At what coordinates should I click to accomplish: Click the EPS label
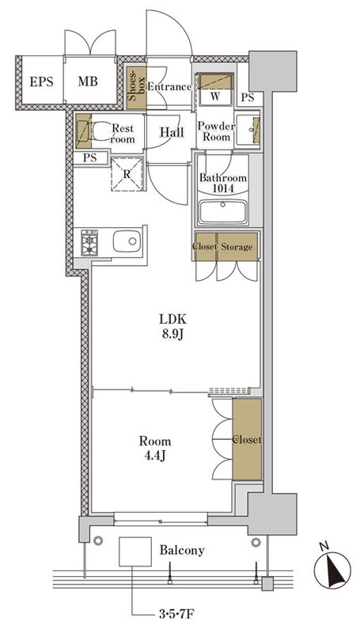pos(41,81)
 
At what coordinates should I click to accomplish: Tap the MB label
pos(88,81)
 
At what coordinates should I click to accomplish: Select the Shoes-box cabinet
pos(136,88)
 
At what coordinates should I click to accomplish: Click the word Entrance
pos(169,86)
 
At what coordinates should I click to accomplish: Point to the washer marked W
pos(215,89)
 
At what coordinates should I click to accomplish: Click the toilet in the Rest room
pos(99,131)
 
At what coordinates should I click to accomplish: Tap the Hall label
pos(172,132)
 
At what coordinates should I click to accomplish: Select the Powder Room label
pos(216,131)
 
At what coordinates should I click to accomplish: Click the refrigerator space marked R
pos(127,173)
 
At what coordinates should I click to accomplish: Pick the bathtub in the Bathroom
pos(223,211)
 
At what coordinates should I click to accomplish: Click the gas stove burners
pos(89,243)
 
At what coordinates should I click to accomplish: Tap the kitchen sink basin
pos(127,241)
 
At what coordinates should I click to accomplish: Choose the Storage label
pos(237,247)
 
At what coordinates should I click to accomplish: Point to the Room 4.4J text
pos(155,448)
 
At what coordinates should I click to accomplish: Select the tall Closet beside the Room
pos(247,439)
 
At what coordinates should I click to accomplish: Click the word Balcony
pos(182,550)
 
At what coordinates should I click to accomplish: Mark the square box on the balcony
pos(135,551)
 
